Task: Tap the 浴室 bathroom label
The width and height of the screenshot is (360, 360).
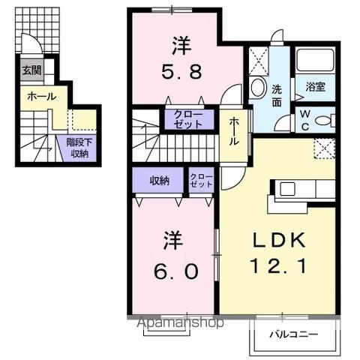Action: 314,86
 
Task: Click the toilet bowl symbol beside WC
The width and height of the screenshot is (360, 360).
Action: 323,121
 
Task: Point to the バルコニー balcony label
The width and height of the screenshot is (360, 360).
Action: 293,333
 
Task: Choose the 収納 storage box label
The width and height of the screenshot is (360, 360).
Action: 158,180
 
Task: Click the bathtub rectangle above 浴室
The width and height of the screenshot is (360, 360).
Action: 313,61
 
